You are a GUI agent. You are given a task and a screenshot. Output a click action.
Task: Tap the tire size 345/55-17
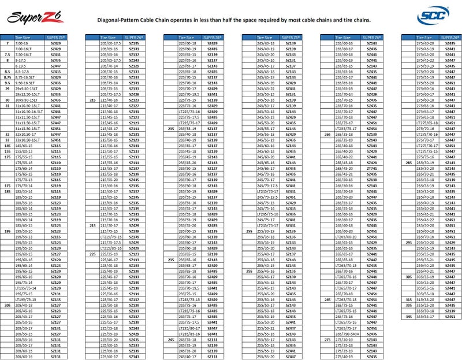click(424, 317)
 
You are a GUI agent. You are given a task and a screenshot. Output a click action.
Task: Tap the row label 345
click(409, 317)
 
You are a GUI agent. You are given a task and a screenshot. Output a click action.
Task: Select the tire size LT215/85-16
click(109, 247)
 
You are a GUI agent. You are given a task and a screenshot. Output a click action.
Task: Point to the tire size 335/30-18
click(424, 311)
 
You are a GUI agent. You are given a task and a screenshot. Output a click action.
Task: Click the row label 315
click(409, 299)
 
